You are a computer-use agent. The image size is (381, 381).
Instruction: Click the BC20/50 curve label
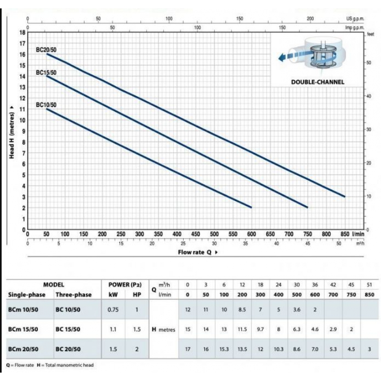click(46, 50)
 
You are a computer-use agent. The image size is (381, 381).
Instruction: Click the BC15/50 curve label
click(46, 72)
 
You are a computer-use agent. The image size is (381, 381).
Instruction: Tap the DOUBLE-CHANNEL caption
click(317, 82)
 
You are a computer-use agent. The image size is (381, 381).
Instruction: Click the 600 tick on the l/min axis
click(251, 234)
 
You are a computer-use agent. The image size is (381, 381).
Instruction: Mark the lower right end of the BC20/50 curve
click(344, 197)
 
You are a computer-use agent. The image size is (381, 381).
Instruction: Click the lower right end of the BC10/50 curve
click(251, 207)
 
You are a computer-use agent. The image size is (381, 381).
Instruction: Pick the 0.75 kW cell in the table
click(113, 310)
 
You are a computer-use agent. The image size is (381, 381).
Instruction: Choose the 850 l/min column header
click(369, 295)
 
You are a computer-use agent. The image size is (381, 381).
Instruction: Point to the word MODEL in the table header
click(53, 285)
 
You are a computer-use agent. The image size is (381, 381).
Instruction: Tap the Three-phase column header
click(74, 295)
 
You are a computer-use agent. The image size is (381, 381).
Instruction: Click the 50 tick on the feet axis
click(369, 62)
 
